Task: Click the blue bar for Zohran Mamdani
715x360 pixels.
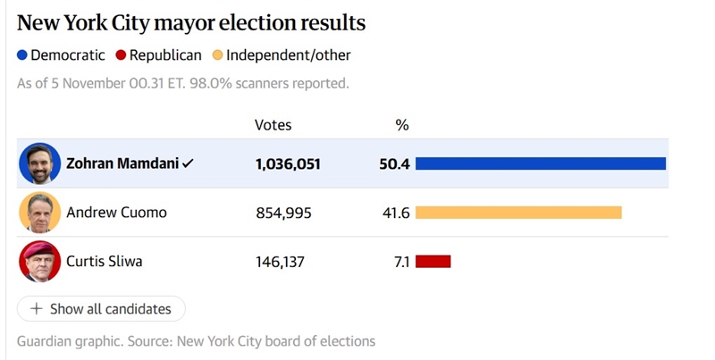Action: [x=541, y=163]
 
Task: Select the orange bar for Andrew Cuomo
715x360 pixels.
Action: [x=518, y=213]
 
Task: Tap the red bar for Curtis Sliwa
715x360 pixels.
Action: [x=433, y=262]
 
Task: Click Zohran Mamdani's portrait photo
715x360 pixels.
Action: [x=39, y=163]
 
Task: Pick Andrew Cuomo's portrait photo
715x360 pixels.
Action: [x=39, y=213]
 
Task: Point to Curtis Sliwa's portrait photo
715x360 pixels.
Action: [x=39, y=262]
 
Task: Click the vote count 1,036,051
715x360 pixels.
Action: [x=288, y=164]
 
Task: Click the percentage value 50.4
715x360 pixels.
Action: [x=394, y=164]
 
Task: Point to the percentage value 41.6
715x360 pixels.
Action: [x=395, y=213]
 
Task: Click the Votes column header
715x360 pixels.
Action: [x=273, y=125]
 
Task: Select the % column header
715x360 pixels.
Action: [x=402, y=125]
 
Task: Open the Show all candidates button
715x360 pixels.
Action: [x=101, y=309]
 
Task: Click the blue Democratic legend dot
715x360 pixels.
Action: [x=22, y=55]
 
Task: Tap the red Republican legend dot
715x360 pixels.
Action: [x=122, y=55]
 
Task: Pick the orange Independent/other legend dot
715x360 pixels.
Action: [x=217, y=55]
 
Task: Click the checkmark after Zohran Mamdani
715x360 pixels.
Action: [x=188, y=164]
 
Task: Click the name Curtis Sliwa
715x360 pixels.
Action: [x=104, y=262]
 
